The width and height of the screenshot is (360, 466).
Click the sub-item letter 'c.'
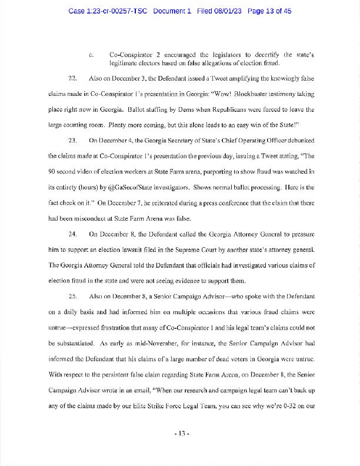click(91, 55)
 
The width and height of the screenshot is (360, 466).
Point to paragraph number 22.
click(73, 78)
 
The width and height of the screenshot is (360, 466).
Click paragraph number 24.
click(73, 234)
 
